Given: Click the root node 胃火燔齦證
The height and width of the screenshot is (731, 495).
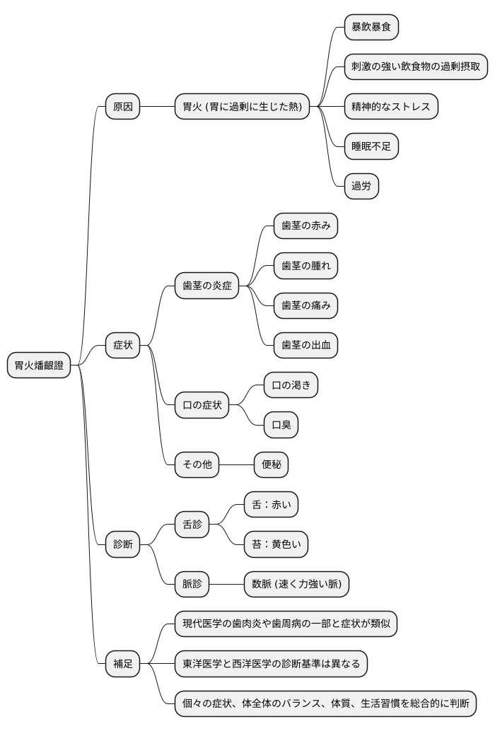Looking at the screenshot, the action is tap(39, 365).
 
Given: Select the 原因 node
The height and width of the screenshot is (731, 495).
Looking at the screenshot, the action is tap(122, 106).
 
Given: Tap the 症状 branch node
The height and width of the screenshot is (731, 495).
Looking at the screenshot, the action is tap(122, 345).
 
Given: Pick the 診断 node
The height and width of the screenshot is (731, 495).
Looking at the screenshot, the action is tap(122, 544).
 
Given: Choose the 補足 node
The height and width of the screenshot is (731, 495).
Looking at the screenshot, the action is tap(122, 663).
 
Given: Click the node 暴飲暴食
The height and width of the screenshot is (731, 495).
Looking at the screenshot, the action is tap(371, 27).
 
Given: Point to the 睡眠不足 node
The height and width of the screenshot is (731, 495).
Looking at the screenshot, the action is tap(371, 146).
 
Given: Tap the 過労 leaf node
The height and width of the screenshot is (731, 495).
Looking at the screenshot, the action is tap(361, 186).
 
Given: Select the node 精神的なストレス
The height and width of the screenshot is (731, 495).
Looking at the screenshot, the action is tap(391, 106).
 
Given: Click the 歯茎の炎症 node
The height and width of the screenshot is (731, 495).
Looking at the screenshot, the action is tap(207, 286).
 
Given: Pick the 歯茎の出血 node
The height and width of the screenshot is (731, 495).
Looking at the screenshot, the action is tap(305, 345).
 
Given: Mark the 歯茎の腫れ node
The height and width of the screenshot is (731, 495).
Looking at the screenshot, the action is tap(305, 266).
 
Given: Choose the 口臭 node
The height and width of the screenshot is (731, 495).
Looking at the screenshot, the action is tap(281, 425).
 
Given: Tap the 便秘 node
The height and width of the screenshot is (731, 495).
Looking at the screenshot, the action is tap(272, 464).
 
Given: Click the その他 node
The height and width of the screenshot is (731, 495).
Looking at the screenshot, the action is tap(197, 464).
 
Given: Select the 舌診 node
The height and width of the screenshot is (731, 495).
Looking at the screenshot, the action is tap(192, 525).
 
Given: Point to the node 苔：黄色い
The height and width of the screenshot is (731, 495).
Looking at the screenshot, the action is tap(276, 544).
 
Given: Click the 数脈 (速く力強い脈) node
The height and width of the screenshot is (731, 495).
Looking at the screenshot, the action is tap(296, 584).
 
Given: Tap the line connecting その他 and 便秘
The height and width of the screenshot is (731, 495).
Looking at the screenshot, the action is tap(237, 464).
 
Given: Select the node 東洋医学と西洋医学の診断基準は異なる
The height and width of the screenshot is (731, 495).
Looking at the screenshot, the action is tap(272, 663).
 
